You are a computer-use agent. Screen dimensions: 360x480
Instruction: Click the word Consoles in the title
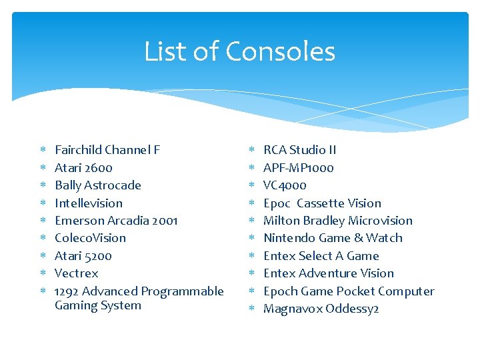coord(280,52)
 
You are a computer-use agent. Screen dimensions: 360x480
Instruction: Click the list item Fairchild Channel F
coord(107,150)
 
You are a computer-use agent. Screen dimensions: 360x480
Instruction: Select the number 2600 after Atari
coord(99,168)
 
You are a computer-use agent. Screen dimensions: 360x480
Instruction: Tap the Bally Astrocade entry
coord(98,185)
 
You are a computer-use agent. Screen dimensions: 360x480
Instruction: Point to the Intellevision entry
coord(89,203)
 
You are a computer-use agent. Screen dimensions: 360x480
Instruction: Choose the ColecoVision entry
coord(90,238)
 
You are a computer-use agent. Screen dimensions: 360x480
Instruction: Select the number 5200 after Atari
coord(98,256)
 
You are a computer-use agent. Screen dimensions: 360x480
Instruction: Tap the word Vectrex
coord(76,273)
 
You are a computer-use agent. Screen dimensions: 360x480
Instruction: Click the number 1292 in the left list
coord(66,291)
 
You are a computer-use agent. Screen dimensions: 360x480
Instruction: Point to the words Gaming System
coord(98,306)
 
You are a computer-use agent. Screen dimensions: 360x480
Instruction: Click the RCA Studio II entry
coord(300,150)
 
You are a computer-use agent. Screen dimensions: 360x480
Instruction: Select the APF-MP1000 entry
coord(299,168)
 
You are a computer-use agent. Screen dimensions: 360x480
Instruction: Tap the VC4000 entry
coord(285,185)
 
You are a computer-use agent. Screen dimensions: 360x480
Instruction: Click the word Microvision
coord(380,221)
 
